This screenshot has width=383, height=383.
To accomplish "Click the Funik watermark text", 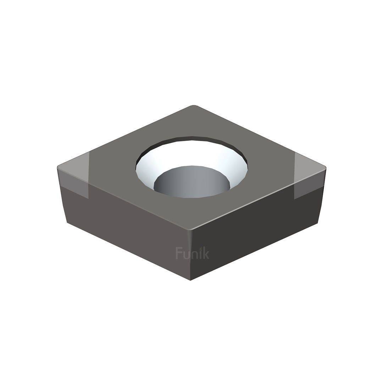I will coord(192,253).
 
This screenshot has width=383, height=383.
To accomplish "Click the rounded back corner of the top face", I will coord(194,106).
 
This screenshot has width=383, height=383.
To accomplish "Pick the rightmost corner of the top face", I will coord(325,167).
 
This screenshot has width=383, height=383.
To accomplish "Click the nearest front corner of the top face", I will coord(190,229).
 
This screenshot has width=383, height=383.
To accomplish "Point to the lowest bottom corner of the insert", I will coord(190,280).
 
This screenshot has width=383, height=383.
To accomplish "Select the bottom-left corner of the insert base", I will coord(67,222).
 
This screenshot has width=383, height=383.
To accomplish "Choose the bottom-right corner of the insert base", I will coord(317,223).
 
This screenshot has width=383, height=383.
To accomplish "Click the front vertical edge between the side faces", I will coord(190,255).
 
